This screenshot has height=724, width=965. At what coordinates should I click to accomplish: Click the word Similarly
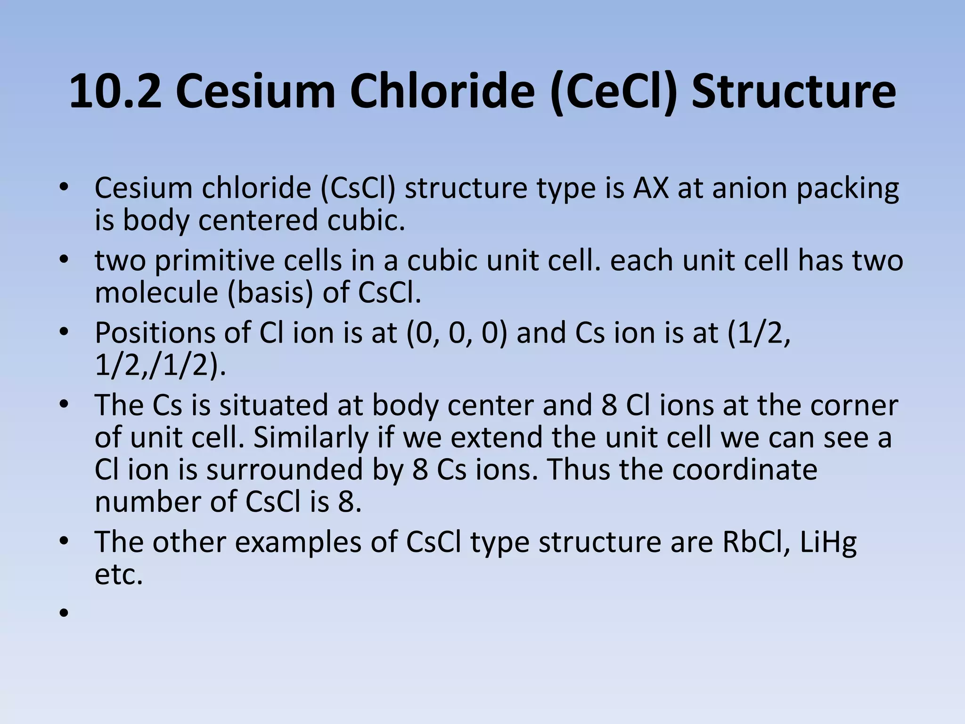[311, 437]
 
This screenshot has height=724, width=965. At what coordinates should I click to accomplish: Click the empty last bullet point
[64, 613]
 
